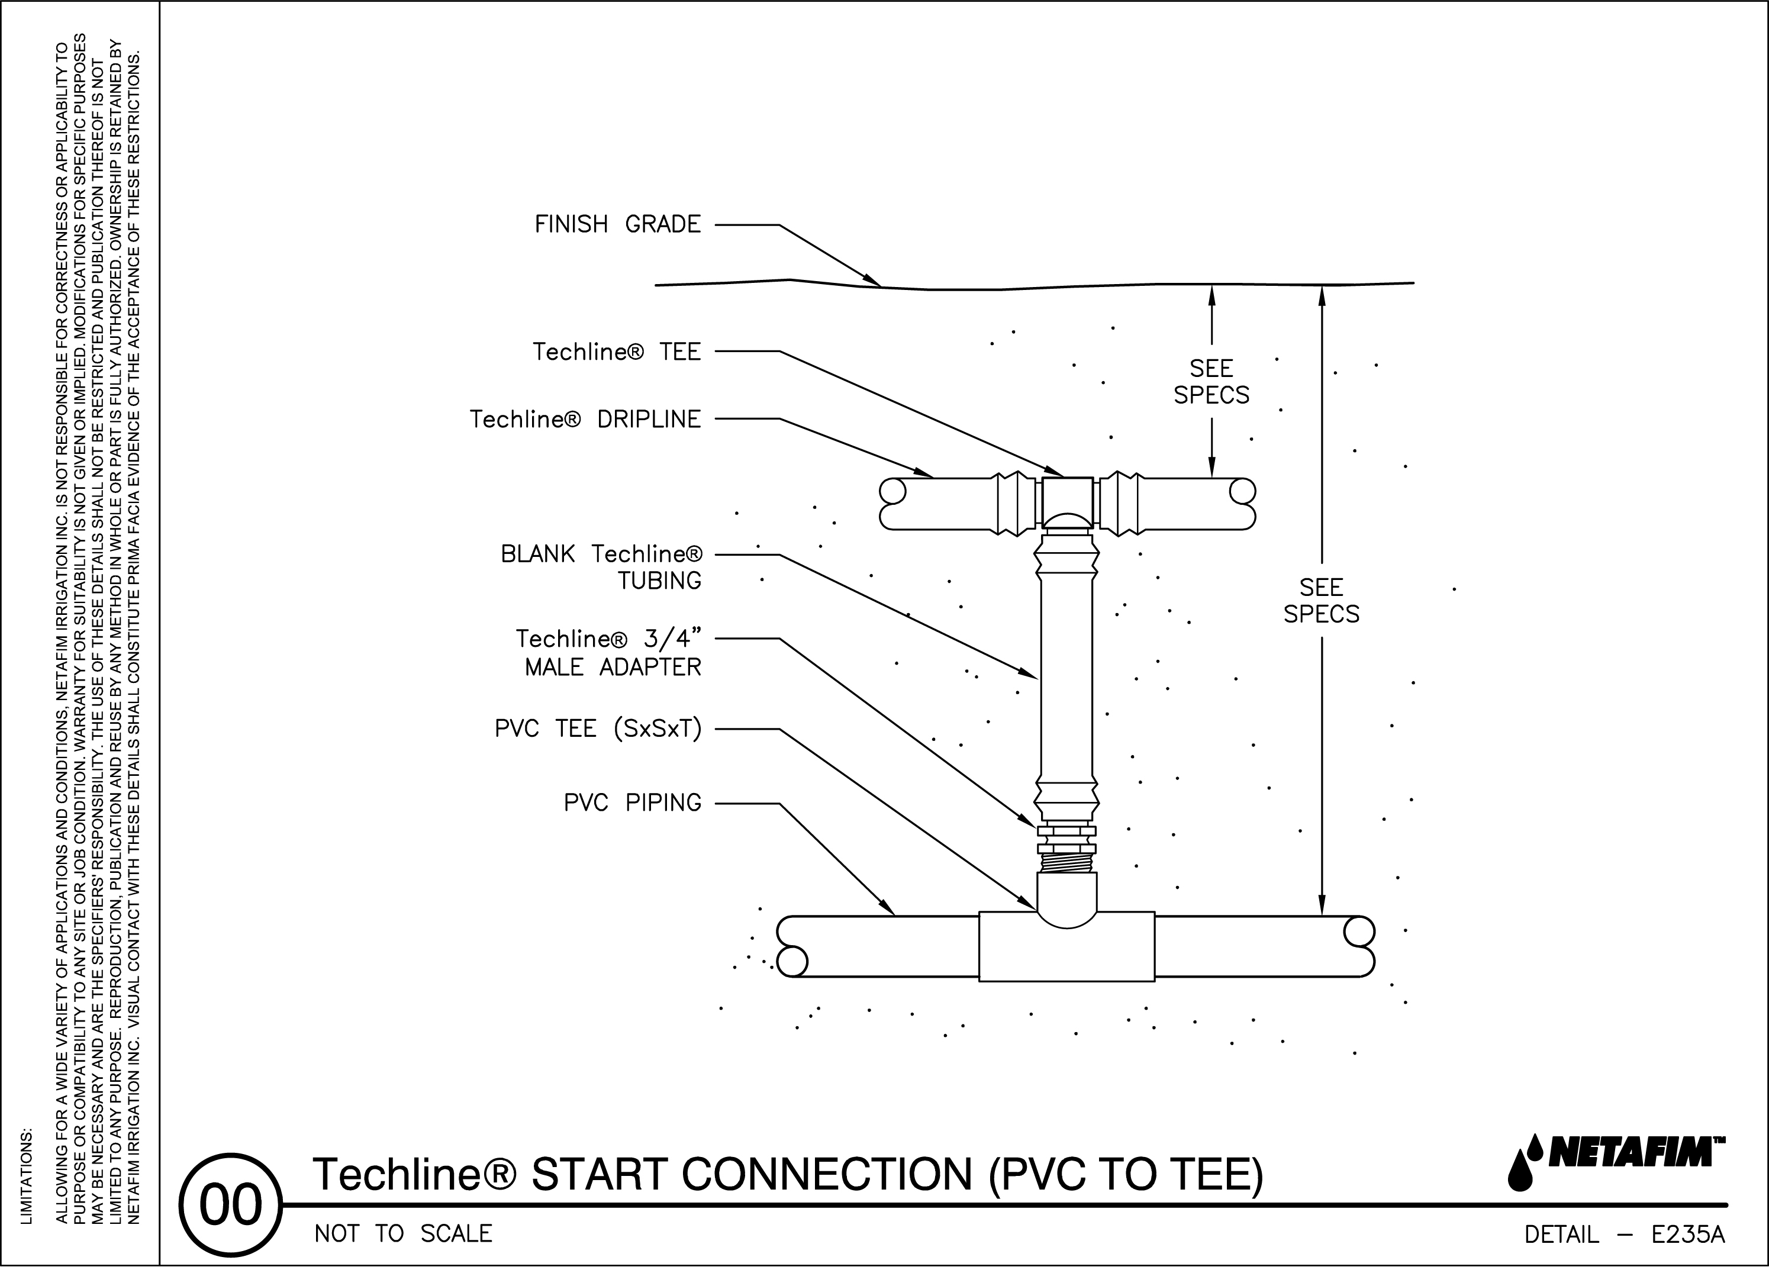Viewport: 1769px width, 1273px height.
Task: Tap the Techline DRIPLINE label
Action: pyautogui.click(x=585, y=420)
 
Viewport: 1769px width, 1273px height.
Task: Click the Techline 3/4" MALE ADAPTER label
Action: pyautogui.click(x=608, y=653)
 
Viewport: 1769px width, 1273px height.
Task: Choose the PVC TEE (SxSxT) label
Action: pyautogui.click(x=598, y=729)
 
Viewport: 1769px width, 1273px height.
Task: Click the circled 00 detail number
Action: pyautogui.click(x=230, y=1205)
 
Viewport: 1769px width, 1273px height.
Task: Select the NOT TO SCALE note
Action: pyautogui.click(x=403, y=1234)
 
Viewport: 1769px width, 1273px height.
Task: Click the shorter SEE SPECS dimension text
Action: pyautogui.click(x=1211, y=382)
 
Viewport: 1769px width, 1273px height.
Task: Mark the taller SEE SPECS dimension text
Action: pyautogui.click(x=1322, y=601)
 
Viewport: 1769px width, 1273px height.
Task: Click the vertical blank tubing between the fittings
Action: pyautogui.click(x=1066, y=679)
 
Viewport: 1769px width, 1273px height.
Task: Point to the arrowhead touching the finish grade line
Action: pyautogui.click(x=872, y=280)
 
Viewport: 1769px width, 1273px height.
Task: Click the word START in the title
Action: pyautogui.click(x=599, y=1175)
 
